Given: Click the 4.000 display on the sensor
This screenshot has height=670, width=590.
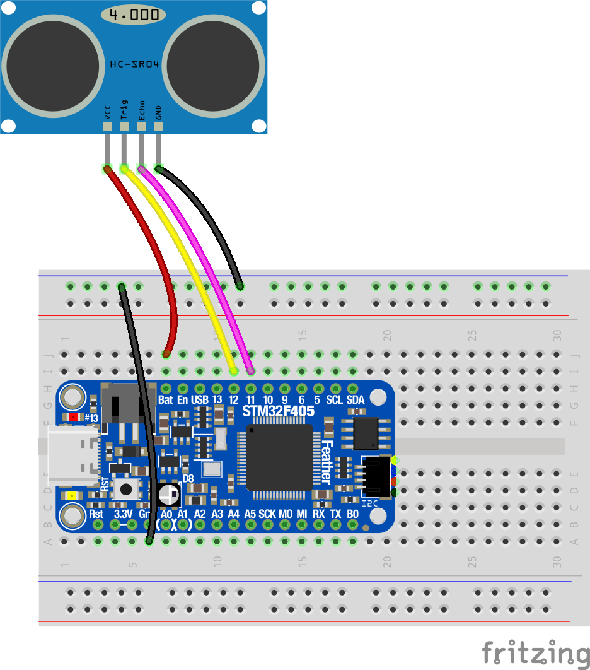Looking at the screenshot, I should [x=134, y=15].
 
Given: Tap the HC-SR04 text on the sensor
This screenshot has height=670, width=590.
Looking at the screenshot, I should [x=134, y=64].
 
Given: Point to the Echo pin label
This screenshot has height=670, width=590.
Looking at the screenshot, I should [x=142, y=110].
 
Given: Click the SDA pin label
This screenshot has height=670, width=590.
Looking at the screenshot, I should [x=356, y=400].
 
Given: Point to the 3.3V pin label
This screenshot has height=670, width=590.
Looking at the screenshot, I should [x=123, y=514].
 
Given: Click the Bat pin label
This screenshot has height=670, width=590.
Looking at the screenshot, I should [x=165, y=400].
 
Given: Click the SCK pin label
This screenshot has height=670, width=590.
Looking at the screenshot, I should [x=267, y=514].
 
